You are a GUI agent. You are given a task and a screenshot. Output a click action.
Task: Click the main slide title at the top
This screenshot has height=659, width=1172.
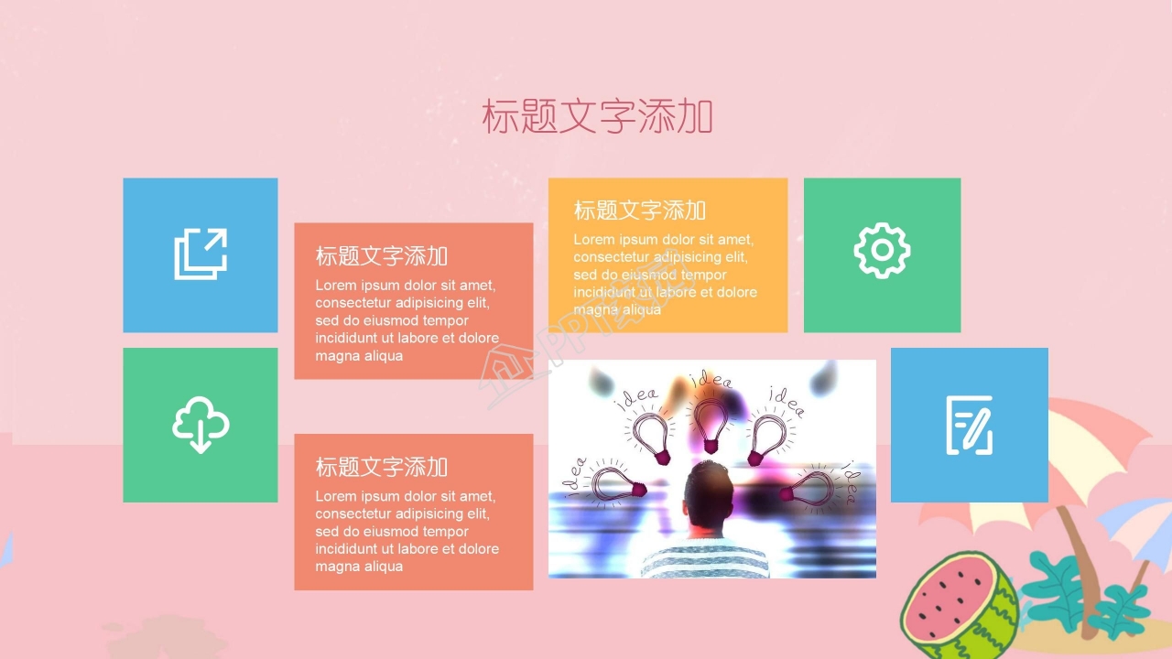pyautogui.click(x=597, y=117)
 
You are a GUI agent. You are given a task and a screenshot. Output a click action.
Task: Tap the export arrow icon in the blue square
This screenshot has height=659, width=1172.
pyautogui.click(x=201, y=254)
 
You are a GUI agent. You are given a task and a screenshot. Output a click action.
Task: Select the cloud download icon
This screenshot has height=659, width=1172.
pyautogui.click(x=201, y=425)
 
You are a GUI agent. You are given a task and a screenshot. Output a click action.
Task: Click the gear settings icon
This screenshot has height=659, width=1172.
pyautogui.click(x=882, y=250)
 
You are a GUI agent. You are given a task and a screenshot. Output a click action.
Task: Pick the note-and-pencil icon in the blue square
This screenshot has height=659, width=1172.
pyautogui.click(x=969, y=425)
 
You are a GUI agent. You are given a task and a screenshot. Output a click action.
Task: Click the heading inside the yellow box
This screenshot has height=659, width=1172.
pyautogui.click(x=639, y=211)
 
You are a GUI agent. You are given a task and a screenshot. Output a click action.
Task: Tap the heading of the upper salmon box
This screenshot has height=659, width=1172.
pyautogui.click(x=381, y=256)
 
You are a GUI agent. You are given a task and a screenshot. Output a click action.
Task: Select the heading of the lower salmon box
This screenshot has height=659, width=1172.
pyautogui.click(x=381, y=467)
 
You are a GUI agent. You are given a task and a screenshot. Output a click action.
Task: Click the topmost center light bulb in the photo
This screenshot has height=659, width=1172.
pyautogui.click(x=710, y=425)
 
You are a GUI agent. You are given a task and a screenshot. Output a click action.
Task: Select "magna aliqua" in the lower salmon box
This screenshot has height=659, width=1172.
pyautogui.click(x=359, y=567)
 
